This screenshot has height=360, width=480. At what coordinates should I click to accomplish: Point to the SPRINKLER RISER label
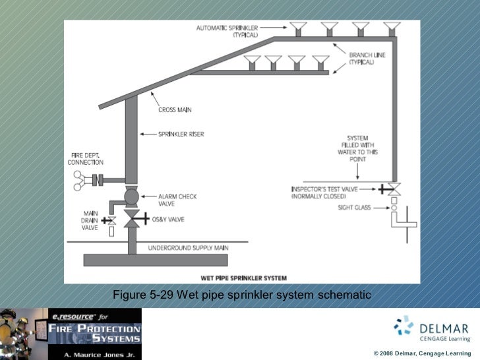tap(181, 134)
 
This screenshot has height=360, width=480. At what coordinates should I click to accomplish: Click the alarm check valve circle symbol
tap(131, 197)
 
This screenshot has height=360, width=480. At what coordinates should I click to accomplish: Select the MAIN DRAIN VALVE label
tap(89, 220)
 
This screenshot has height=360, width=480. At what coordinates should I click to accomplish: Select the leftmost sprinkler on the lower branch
tap(251, 62)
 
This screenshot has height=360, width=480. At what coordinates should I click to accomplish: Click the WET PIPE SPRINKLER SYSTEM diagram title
tap(243, 278)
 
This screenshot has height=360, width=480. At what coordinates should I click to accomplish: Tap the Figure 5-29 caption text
tap(242, 294)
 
